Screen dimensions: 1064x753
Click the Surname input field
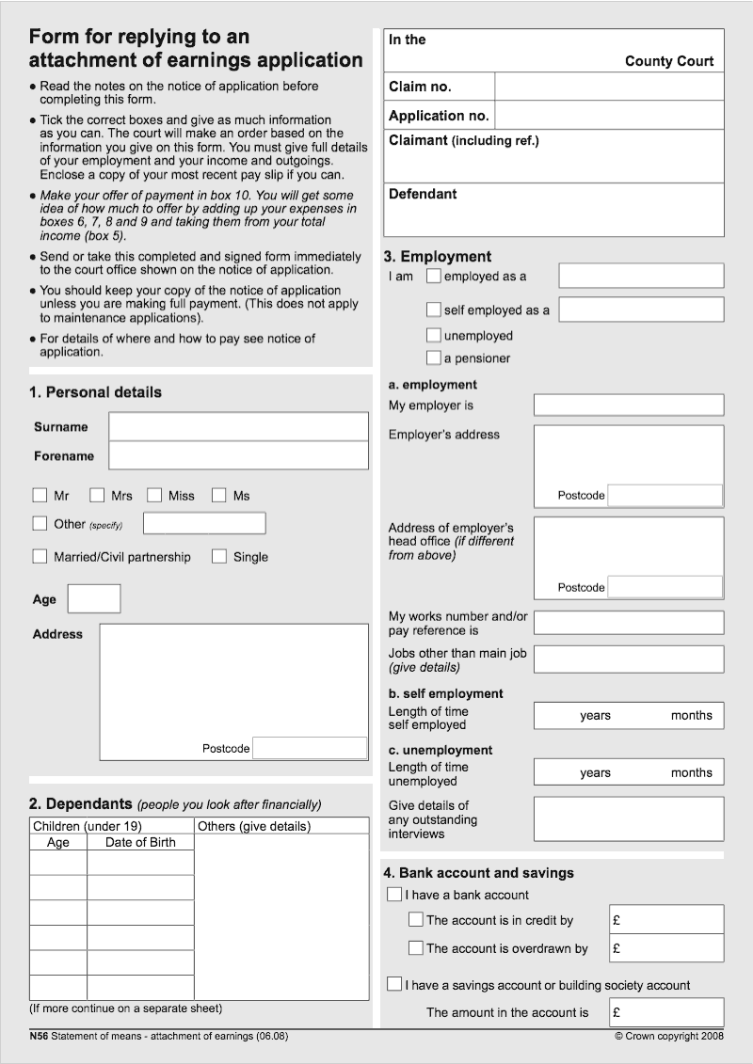[x=238, y=426]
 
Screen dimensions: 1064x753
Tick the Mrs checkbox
[x=97, y=495]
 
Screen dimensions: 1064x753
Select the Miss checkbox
[x=154, y=495]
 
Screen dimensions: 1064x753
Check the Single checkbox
[x=219, y=556]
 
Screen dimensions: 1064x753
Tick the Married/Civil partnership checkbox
[x=40, y=556]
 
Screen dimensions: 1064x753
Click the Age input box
[x=94, y=598]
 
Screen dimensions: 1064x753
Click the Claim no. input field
[x=609, y=87]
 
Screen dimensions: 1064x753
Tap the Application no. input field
[x=609, y=116]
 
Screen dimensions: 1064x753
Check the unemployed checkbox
[x=433, y=336]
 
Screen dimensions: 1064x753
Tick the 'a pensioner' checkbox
[x=433, y=358]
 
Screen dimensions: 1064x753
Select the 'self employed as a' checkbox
[x=433, y=310]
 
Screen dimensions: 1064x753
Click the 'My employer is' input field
[x=629, y=405]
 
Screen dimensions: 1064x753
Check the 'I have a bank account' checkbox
[x=394, y=894]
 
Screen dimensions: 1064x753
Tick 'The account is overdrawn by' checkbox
[x=416, y=947]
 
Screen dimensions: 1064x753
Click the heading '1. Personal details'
[x=95, y=392]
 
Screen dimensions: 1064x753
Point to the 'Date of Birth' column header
[x=140, y=842]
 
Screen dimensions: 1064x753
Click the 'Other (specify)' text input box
[x=204, y=523]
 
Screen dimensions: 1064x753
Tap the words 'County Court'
[x=669, y=61]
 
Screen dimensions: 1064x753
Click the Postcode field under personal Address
[x=310, y=748]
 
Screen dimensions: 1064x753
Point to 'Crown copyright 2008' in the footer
[x=669, y=1036]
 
